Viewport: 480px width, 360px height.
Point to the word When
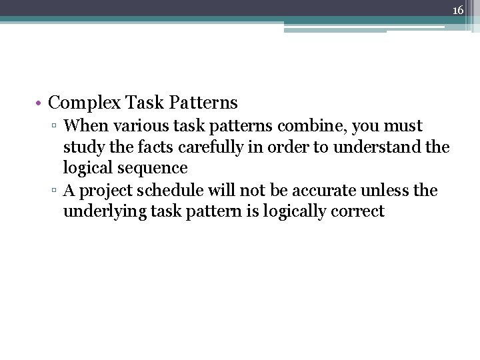pos(83,125)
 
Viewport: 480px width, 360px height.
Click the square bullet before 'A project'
pos(57,191)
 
